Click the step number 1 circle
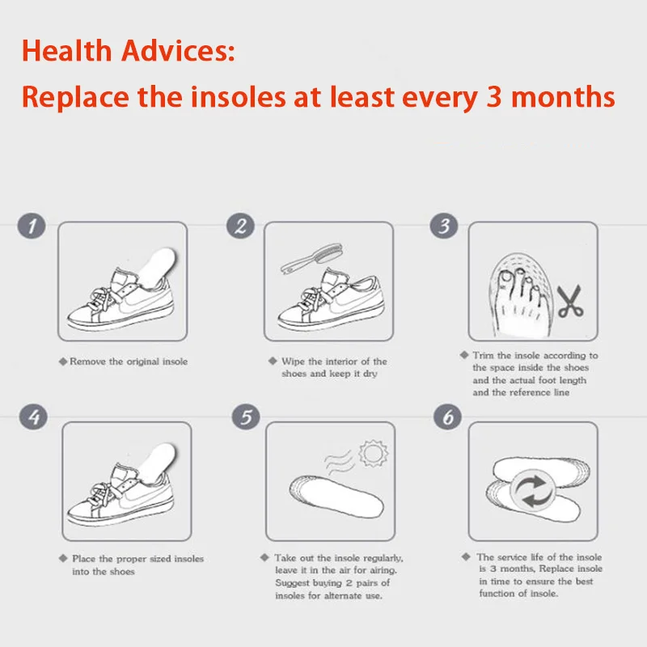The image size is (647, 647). pos(32,226)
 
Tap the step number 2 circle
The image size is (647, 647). pos(240,226)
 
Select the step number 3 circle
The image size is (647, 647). pos(444,226)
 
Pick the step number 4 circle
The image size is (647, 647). pos(33,417)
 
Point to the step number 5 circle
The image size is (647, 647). pos(246,417)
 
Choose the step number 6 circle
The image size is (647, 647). pos(448,417)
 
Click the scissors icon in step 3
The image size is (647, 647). pos(570,301)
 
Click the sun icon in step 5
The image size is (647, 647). pos(374,453)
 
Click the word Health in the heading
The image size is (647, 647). pos(67,51)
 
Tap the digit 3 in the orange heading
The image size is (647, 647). pos(494,96)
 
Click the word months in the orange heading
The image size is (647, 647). pos(563,96)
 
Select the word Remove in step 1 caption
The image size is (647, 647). pos(87,362)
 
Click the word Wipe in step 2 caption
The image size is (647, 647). pos(294,362)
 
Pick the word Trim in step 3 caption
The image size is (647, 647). pos(484,355)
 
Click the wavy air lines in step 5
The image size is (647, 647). pos(338,461)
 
